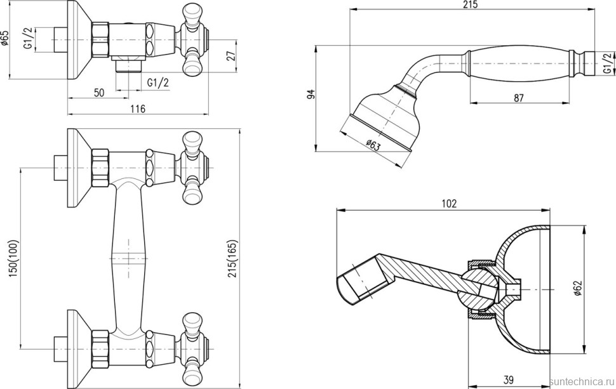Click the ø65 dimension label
(x=4, y=39)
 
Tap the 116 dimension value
(x=138, y=109)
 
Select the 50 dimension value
(x=99, y=93)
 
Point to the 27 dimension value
(x=232, y=56)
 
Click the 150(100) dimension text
(x=14, y=259)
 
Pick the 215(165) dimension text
(x=233, y=259)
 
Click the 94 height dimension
(x=311, y=94)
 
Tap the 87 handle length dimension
(x=519, y=97)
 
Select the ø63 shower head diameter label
(x=373, y=145)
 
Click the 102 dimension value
(x=450, y=203)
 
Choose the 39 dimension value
(x=508, y=379)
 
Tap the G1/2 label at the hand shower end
(x=608, y=63)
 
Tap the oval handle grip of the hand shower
(x=519, y=63)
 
